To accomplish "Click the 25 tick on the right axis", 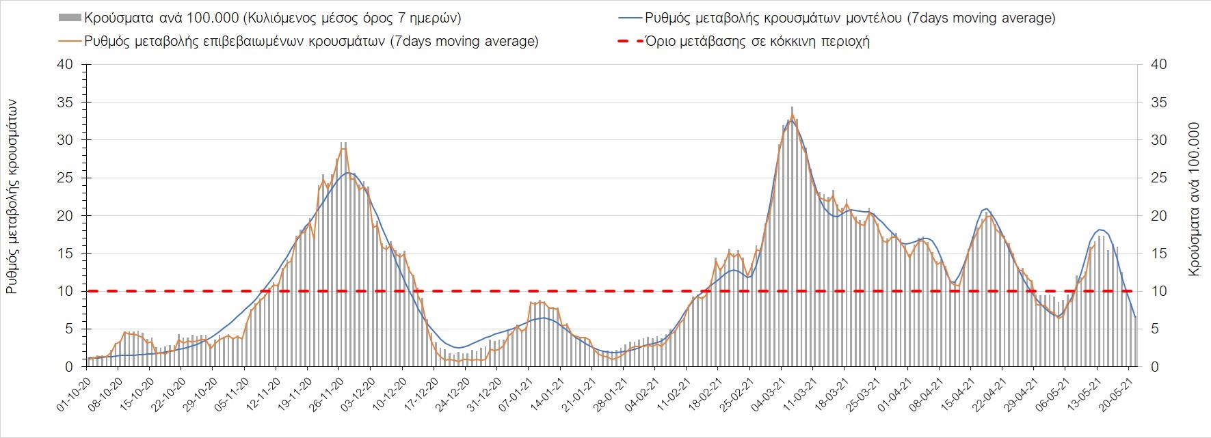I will click(x=1159, y=178).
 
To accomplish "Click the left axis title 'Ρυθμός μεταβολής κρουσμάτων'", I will click(x=12, y=196).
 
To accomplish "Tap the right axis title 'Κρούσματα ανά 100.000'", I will click(x=1195, y=200).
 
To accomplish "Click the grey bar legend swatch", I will click(x=69, y=18).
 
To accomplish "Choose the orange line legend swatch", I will click(x=69, y=41).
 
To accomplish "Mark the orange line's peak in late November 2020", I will click(x=343, y=148).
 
